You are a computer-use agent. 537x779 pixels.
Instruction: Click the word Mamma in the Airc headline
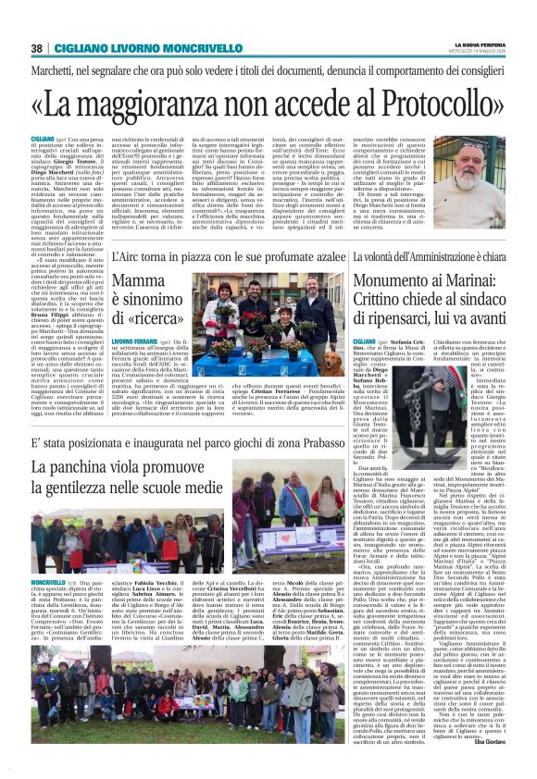137,282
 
